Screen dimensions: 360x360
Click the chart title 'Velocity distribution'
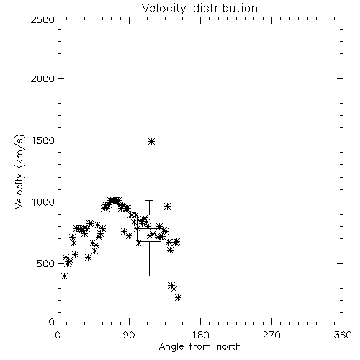[x=199, y=9]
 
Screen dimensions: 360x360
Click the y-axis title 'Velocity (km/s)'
[x=19, y=171]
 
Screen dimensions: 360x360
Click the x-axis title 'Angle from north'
[x=199, y=347]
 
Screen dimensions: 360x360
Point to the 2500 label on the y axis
[x=42, y=19]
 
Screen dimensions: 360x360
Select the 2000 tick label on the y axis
[x=42, y=78]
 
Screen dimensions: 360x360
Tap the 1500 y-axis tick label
[x=43, y=140]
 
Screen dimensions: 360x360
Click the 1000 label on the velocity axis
[x=43, y=202]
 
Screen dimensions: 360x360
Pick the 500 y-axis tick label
[x=45, y=264]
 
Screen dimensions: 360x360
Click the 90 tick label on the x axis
[x=129, y=335]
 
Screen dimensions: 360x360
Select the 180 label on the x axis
[x=200, y=335]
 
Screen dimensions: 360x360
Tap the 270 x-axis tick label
[x=271, y=335]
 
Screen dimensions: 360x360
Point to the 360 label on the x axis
[x=343, y=335]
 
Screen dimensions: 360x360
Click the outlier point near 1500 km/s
[x=151, y=141]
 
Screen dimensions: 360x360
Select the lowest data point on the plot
[x=178, y=297]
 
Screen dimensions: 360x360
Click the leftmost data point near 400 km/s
[x=64, y=276]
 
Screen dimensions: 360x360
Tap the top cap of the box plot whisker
[x=149, y=200]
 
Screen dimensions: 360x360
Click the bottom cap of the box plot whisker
[x=149, y=276]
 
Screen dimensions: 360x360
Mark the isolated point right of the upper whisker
[x=168, y=206]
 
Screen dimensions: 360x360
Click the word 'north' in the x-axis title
[x=229, y=347]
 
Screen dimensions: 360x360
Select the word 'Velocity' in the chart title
[x=163, y=9]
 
